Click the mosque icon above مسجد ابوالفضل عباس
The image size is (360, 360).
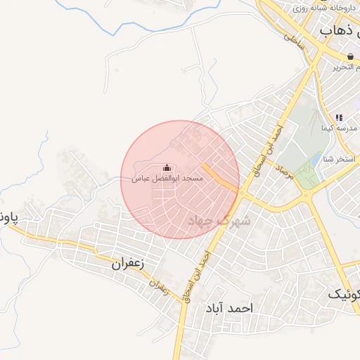(167, 168)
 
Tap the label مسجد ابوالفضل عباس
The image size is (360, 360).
(167, 179)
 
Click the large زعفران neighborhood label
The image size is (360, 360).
(128, 264)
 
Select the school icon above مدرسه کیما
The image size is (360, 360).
(338, 118)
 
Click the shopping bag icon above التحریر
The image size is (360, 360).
(349, 56)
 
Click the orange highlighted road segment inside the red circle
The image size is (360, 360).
(219, 176)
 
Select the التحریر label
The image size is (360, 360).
(342, 67)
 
